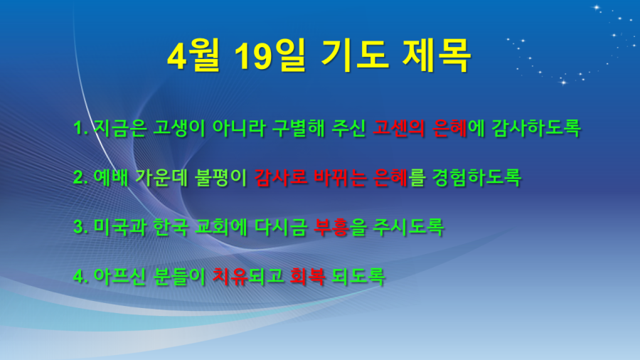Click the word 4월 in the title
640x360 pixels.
pyautogui.click(x=193, y=56)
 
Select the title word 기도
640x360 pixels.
pyautogui.click(x=355, y=56)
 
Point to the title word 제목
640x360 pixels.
pyautogui.click(x=437, y=56)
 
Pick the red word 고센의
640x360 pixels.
pyautogui.click(x=399, y=128)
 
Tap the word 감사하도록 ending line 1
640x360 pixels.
pyautogui.click(x=536, y=128)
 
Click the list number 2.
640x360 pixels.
pyautogui.click(x=80, y=178)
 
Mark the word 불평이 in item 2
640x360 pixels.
pyautogui.click(x=221, y=178)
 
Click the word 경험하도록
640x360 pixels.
pyautogui.click(x=476, y=178)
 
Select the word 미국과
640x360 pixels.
pyautogui.click(x=120, y=227)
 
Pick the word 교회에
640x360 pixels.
pyautogui.click(x=221, y=227)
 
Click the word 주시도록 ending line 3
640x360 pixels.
pyautogui.click(x=409, y=227)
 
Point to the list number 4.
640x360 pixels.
pyautogui.click(x=80, y=276)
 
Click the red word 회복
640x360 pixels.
pyautogui.click(x=307, y=276)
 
